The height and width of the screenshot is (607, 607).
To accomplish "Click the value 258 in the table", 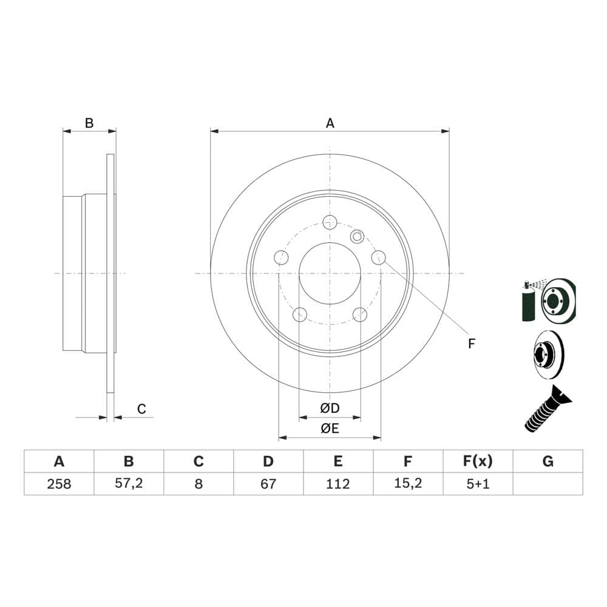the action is click(59, 484).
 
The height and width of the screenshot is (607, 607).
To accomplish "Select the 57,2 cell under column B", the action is click(129, 483).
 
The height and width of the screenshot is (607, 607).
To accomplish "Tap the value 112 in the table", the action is click(337, 484).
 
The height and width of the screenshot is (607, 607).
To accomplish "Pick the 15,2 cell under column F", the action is click(408, 483).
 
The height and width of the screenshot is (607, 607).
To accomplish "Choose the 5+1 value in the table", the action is click(478, 484).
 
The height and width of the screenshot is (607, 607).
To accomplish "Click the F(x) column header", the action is click(478, 461).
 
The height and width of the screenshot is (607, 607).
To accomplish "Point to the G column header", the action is click(548, 461).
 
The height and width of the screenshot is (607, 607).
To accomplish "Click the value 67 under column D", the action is click(268, 484).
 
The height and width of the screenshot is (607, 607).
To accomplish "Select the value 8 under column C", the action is click(198, 484).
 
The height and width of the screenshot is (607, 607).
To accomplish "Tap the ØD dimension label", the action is click(330, 408).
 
